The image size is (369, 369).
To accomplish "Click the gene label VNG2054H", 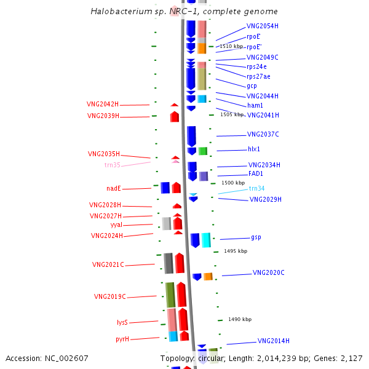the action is tap(262, 26).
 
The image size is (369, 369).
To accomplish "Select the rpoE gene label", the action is tap(253, 36).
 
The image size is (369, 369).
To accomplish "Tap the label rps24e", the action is tap(256, 66).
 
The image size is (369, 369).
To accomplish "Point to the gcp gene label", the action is tap(252, 85).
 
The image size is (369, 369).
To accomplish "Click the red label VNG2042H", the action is tap(103, 105).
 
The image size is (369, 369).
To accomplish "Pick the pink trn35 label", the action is tap(113, 165).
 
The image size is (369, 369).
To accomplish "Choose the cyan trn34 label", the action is tap(256, 188).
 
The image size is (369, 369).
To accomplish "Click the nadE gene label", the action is tap(113, 188).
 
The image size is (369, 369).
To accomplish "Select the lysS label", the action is tap(122, 322).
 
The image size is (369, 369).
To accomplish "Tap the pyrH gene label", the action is tap(122, 339).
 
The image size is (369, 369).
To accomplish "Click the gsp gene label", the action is tap(256, 237).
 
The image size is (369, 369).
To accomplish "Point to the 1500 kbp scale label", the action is tap(233, 183).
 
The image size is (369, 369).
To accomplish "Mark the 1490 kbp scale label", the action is tap(240, 319).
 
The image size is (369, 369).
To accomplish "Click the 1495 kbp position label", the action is tap(236, 251).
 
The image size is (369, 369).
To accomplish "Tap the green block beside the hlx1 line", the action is tap(203, 151).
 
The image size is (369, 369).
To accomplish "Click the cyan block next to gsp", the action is tap(206, 240).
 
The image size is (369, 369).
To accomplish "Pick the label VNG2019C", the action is tap(109, 296).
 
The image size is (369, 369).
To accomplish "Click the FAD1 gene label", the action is tap(255, 174).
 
